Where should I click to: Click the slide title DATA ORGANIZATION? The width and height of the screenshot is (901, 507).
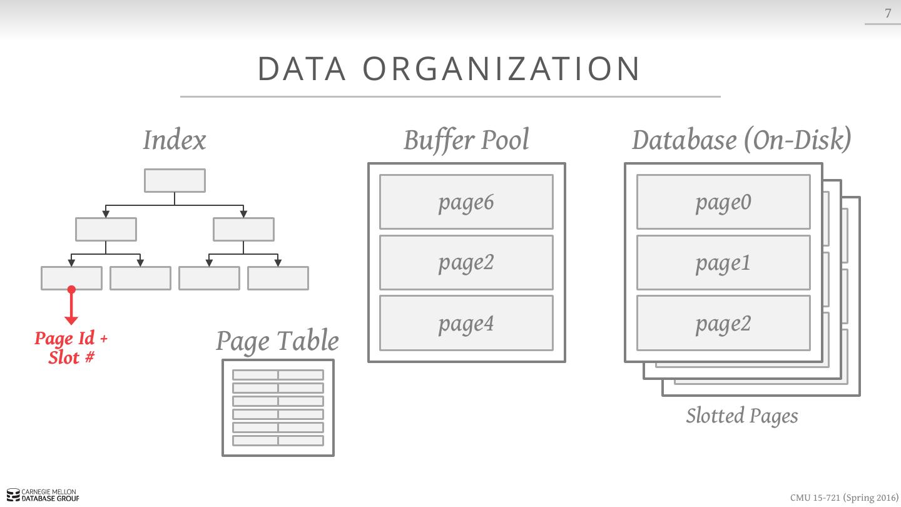(x=449, y=69)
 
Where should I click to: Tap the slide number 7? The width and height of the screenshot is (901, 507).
(x=887, y=13)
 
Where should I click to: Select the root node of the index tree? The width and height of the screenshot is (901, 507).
(x=175, y=180)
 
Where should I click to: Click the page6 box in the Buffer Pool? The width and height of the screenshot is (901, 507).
(x=466, y=202)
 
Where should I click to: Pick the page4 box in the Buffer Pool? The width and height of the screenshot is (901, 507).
(x=466, y=323)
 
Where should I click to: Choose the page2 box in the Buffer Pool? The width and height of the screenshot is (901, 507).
(x=466, y=262)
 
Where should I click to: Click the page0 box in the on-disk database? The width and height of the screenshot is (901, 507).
(x=723, y=202)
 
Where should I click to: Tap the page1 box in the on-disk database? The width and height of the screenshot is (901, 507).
(x=723, y=262)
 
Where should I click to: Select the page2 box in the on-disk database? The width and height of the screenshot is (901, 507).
(x=723, y=323)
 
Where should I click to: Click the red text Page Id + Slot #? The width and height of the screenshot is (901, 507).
(x=71, y=347)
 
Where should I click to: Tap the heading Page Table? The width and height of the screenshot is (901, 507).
(x=277, y=341)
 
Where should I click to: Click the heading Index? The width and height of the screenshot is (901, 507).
(x=174, y=140)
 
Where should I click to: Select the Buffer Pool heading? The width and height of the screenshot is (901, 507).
(x=466, y=140)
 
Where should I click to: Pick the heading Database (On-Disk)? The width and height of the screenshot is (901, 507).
(x=741, y=140)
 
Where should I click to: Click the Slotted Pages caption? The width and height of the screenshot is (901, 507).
(x=741, y=416)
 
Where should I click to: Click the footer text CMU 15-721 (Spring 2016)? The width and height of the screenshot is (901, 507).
(x=843, y=498)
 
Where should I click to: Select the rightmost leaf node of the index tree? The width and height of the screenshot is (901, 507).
(x=278, y=278)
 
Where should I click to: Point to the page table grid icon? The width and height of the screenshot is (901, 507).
(x=278, y=407)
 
